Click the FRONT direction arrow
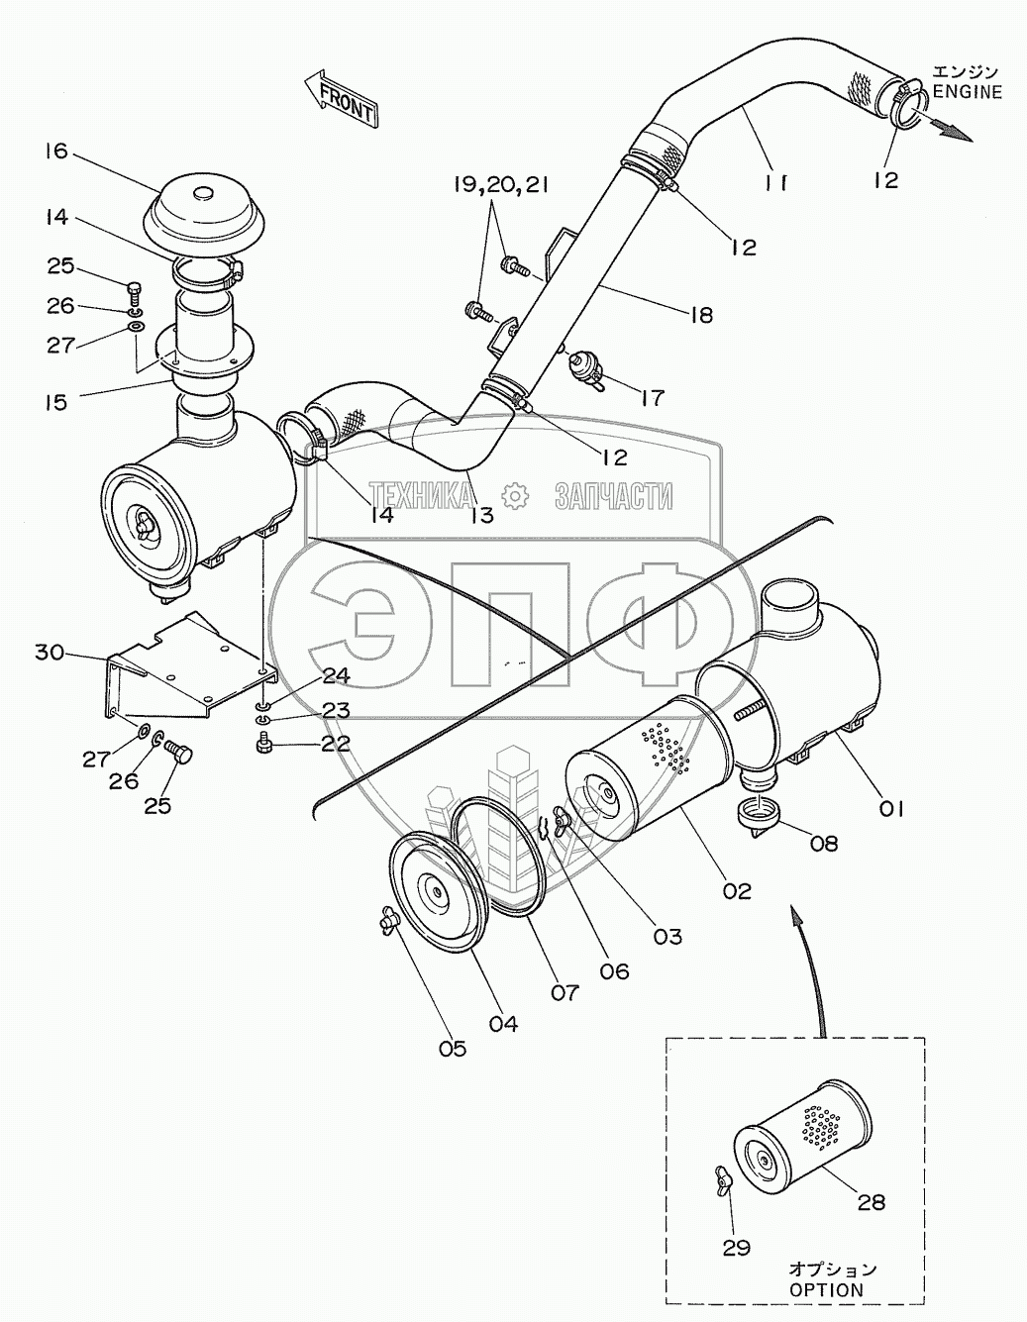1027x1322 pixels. pos(341,99)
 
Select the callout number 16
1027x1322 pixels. pos(55,152)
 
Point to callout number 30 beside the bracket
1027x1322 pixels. pos(51,652)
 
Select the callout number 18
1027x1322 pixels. pos(700,314)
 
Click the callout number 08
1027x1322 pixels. pos(823,843)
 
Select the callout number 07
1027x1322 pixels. pos(565,990)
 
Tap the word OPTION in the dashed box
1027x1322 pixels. pos(826,1290)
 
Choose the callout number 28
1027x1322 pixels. pos(872,1202)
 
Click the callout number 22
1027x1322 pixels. pos(336,743)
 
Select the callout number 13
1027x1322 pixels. pos(481,515)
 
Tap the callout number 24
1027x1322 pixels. pos(336,675)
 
